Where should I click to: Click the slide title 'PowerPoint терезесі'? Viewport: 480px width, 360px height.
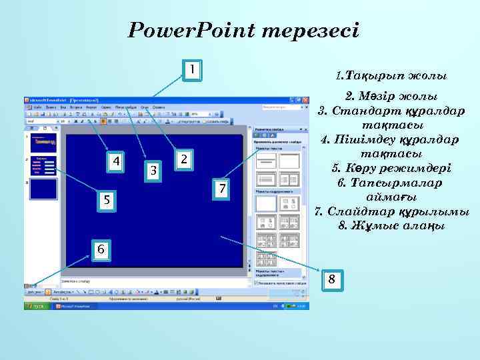(x=243, y=31)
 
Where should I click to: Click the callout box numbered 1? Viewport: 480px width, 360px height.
(x=191, y=69)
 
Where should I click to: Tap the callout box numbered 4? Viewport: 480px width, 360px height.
(x=117, y=162)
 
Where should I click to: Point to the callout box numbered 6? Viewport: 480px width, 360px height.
(x=100, y=249)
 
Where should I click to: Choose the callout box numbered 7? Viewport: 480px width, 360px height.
(x=221, y=189)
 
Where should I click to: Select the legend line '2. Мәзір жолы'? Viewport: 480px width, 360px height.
(x=391, y=95)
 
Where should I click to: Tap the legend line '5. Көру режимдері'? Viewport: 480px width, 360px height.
(x=391, y=168)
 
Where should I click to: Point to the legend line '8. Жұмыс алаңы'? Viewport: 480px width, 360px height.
(x=391, y=226)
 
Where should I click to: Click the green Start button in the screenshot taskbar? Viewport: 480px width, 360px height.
(x=35, y=306)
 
